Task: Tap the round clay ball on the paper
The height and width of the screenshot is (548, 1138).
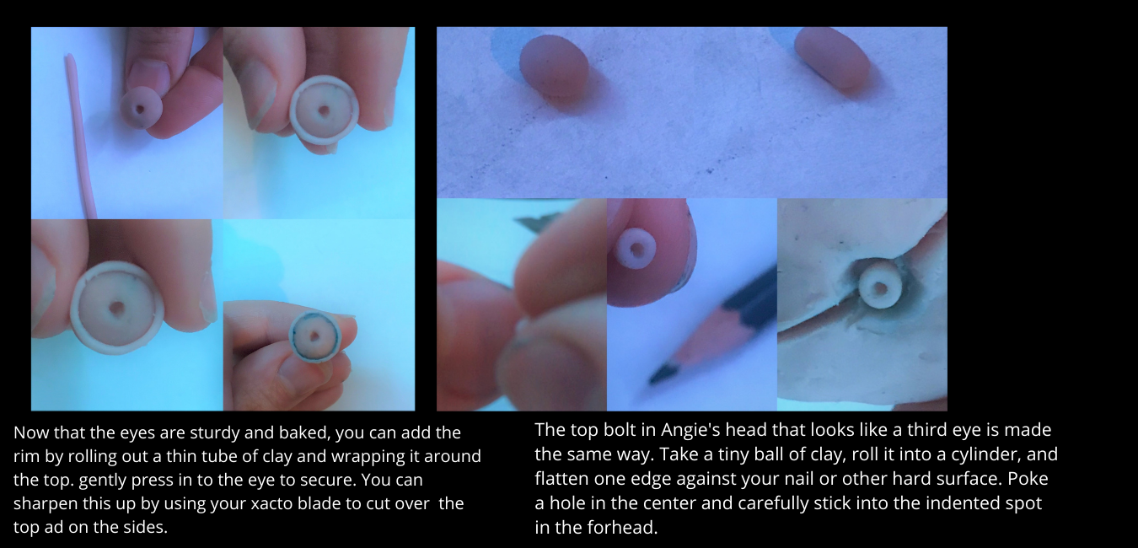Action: click(x=554, y=66)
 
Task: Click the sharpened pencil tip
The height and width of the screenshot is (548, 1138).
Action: click(x=660, y=376)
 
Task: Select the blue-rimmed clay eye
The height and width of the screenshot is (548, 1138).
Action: click(x=315, y=336)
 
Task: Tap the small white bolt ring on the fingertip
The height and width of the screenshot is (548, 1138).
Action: click(x=635, y=249)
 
